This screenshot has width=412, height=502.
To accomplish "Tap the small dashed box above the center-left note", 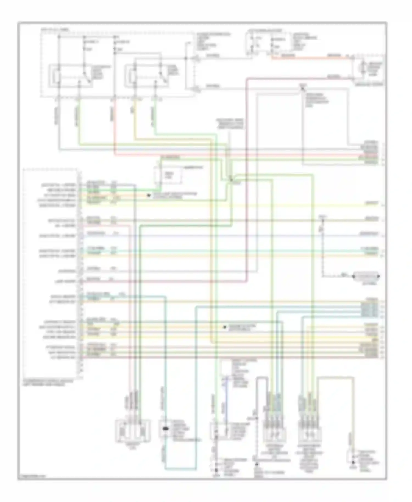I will point(168,175).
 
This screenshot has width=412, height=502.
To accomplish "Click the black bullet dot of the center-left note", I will point(149,195).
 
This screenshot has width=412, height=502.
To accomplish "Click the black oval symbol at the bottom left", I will point(166,428).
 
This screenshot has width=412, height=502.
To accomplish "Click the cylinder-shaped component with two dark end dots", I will point(366,276).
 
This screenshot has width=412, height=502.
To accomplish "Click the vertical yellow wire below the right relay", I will point(135,118).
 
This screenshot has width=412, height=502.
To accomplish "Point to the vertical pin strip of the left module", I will point(80,272).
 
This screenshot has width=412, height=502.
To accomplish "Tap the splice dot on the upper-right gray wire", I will point(302,88).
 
